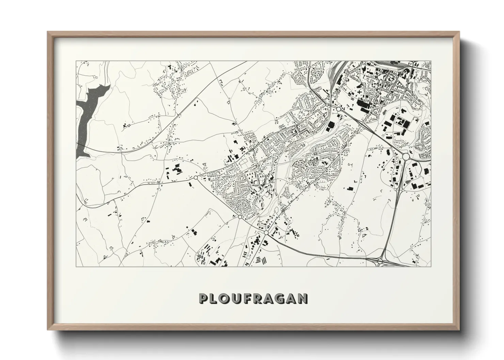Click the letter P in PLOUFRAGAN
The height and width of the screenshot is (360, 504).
203,298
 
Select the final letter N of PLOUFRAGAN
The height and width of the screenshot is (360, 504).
303,298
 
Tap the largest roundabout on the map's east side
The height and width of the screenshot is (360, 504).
406,157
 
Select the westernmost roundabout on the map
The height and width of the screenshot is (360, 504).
195,177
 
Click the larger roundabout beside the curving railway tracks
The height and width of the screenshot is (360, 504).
339,109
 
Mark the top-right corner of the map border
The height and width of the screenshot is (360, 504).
431,61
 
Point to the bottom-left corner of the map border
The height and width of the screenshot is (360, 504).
77,266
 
